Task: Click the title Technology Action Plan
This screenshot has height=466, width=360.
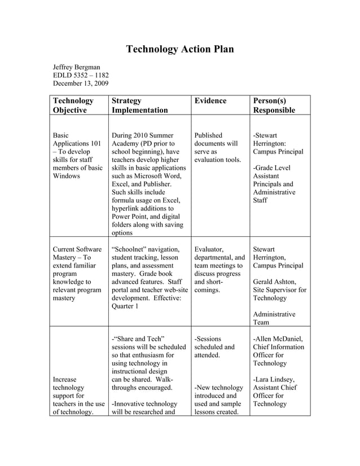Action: tap(179, 49)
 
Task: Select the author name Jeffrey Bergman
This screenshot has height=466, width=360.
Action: tap(76, 67)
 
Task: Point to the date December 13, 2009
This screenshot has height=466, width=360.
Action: tap(81, 84)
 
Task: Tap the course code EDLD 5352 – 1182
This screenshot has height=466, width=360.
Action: tap(81, 76)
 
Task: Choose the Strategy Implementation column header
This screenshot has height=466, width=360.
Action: tap(140, 105)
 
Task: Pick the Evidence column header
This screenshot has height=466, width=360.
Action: tap(210, 101)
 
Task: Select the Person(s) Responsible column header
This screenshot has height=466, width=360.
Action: tap(274, 105)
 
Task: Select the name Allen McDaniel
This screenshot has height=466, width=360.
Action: tap(281, 339)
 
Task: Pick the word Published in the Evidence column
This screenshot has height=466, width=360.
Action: tap(208, 136)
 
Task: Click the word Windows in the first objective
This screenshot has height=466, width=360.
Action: tap(67, 176)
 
